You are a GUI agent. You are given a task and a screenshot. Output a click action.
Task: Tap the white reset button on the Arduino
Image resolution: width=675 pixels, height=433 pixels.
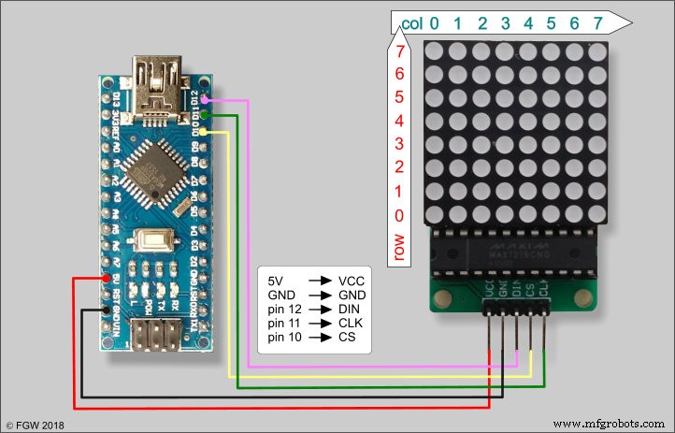(x=150, y=239)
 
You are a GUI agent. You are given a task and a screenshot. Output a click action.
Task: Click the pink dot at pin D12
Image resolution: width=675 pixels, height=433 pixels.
(x=205, y=98)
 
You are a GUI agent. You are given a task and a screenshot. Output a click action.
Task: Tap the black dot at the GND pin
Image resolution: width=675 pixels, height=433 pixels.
(x=109, y=310)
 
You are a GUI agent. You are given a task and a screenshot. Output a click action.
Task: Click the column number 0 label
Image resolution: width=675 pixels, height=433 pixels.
(x=434, y=23)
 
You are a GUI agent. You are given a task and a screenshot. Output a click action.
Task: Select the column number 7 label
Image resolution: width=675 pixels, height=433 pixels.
(x=597, y=23)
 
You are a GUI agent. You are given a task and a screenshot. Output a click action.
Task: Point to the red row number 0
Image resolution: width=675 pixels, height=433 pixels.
(x=400, y=215)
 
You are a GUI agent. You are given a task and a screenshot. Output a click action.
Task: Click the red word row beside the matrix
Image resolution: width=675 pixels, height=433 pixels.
(x=400, y=246)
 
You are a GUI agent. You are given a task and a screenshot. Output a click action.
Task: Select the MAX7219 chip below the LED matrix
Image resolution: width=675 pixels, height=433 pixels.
(x=519, y=253)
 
